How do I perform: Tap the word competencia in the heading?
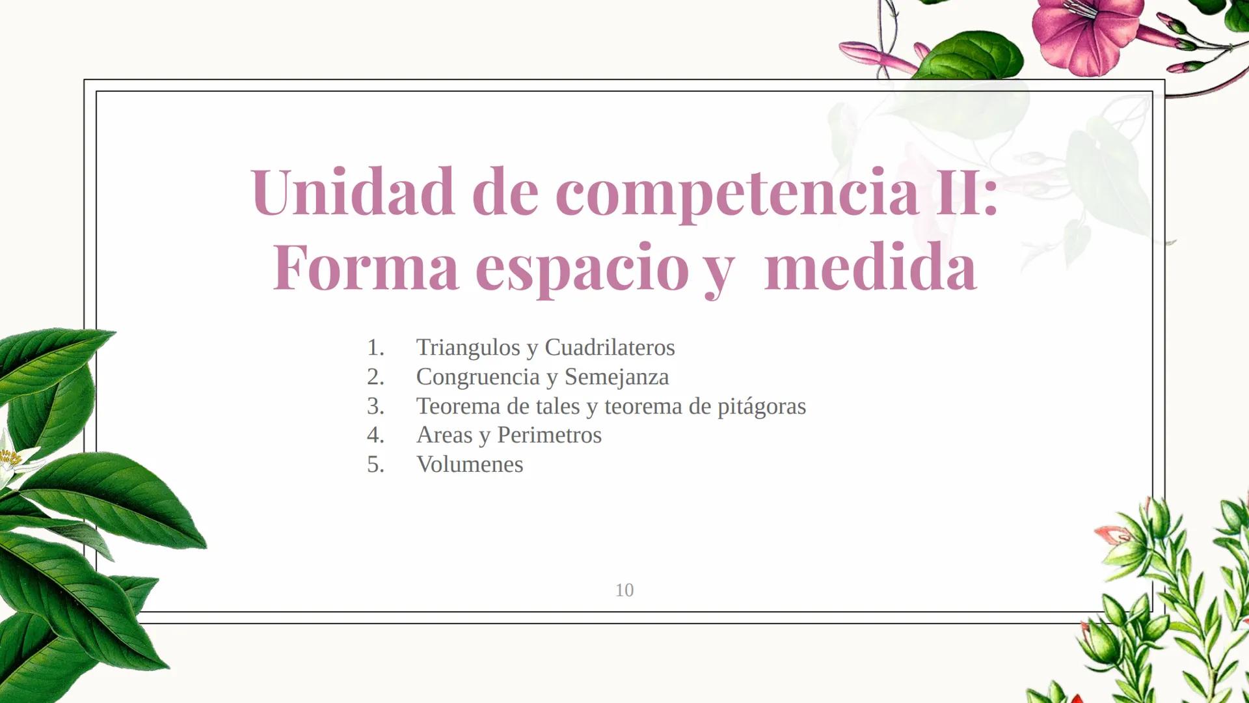736,193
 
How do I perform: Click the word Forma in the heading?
366,268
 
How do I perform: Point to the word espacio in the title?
582,269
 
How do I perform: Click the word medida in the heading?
870,268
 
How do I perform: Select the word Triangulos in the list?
468,348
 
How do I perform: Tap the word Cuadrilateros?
609,348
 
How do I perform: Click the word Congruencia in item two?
477,377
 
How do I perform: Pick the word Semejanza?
616,377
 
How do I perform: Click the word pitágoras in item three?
761,406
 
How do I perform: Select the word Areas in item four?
444,435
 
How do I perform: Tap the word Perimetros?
549,435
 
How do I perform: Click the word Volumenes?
469,465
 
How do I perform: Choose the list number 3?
375,406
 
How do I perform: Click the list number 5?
375,465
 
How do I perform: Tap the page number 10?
624,590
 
